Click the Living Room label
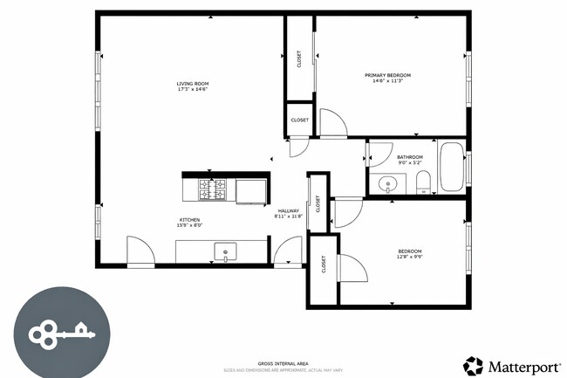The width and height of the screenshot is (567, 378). click(x=193, y=84)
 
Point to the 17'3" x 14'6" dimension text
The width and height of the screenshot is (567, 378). click(x=193, y=90)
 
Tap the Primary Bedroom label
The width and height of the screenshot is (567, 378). click(x=387, y=75)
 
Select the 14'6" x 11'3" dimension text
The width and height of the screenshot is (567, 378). click(x=387, y=81)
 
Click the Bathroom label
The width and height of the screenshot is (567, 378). click(x=410, y=157)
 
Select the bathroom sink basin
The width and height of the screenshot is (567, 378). click(x=388, y=184)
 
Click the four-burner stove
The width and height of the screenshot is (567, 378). click(x=214, y=189)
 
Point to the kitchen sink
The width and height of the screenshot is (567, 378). click(x=225, y=252)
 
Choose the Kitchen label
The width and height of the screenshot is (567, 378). click(x=190, y=220)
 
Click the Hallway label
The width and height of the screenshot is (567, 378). click(x=289, y=210)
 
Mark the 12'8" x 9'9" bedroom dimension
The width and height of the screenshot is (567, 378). click(x=409, y=256)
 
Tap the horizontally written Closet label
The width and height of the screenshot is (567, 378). click(x=299, y=120)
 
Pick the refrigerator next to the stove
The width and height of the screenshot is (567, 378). click(x=250, y=189)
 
